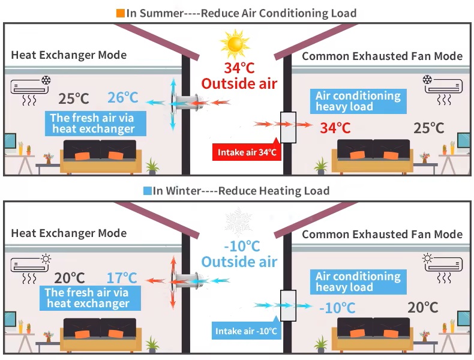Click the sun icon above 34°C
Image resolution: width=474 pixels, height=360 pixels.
click(234, 43)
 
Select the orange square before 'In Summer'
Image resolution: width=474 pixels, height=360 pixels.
click(121, 13)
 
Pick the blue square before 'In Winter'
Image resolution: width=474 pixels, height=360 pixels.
click(147, 191)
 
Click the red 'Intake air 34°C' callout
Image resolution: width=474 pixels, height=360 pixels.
click(246, 152)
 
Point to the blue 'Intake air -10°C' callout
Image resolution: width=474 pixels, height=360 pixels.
click(246, 331)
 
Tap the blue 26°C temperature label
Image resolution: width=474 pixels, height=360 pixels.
click(122, 98)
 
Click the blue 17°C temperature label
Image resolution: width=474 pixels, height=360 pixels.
click(122, 278)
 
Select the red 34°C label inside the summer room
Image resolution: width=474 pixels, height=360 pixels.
click(335, 128)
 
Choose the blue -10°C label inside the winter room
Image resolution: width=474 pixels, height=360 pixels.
click(337, 308)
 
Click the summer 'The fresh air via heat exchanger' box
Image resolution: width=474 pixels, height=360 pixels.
click(93, 124)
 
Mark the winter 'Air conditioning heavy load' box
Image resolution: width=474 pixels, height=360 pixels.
click(358, 282)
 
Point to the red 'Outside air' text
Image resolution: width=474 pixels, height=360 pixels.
click(239, 83)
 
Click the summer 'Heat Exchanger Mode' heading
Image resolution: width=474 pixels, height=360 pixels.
click(69, 55)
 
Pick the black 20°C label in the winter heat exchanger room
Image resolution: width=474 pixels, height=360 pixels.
click(70, 278)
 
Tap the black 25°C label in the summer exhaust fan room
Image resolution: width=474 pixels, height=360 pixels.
click(429, 128)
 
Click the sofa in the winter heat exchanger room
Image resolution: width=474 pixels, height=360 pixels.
click(100, 334)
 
